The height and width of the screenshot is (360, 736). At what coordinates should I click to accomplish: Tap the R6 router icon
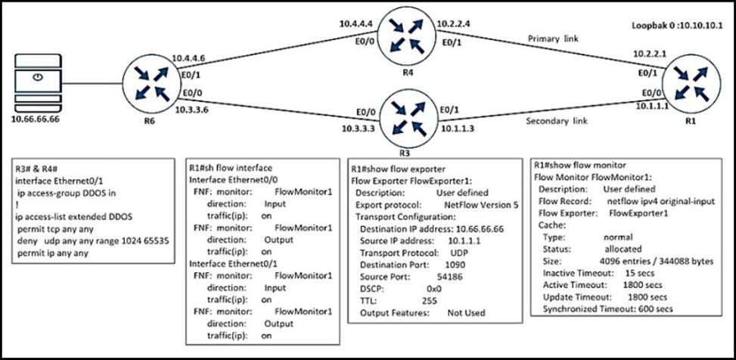[x=151, y=81]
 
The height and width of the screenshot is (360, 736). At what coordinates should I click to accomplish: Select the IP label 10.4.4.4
[x=356, y=23]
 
